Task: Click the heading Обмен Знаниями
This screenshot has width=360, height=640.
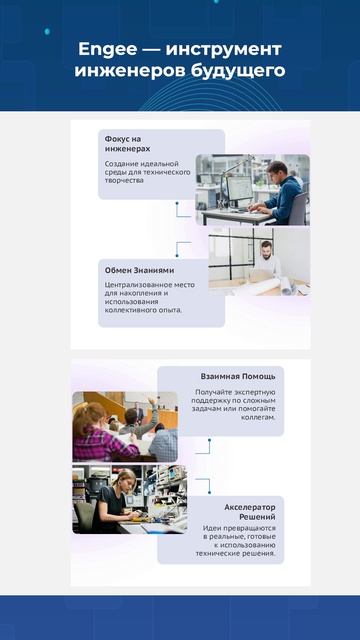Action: click(139, 270)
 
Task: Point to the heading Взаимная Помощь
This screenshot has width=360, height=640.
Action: click(238, 376)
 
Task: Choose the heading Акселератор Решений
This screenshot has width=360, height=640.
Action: click(250, 512)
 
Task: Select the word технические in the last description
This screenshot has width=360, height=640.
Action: click(215, 553)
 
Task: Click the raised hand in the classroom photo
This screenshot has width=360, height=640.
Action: click(152, 402)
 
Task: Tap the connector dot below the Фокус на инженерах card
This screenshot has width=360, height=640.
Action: click(177, 203)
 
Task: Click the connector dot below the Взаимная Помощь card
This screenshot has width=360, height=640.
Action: click(209, 440)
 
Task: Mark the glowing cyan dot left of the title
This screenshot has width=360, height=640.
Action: click(47, 31)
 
